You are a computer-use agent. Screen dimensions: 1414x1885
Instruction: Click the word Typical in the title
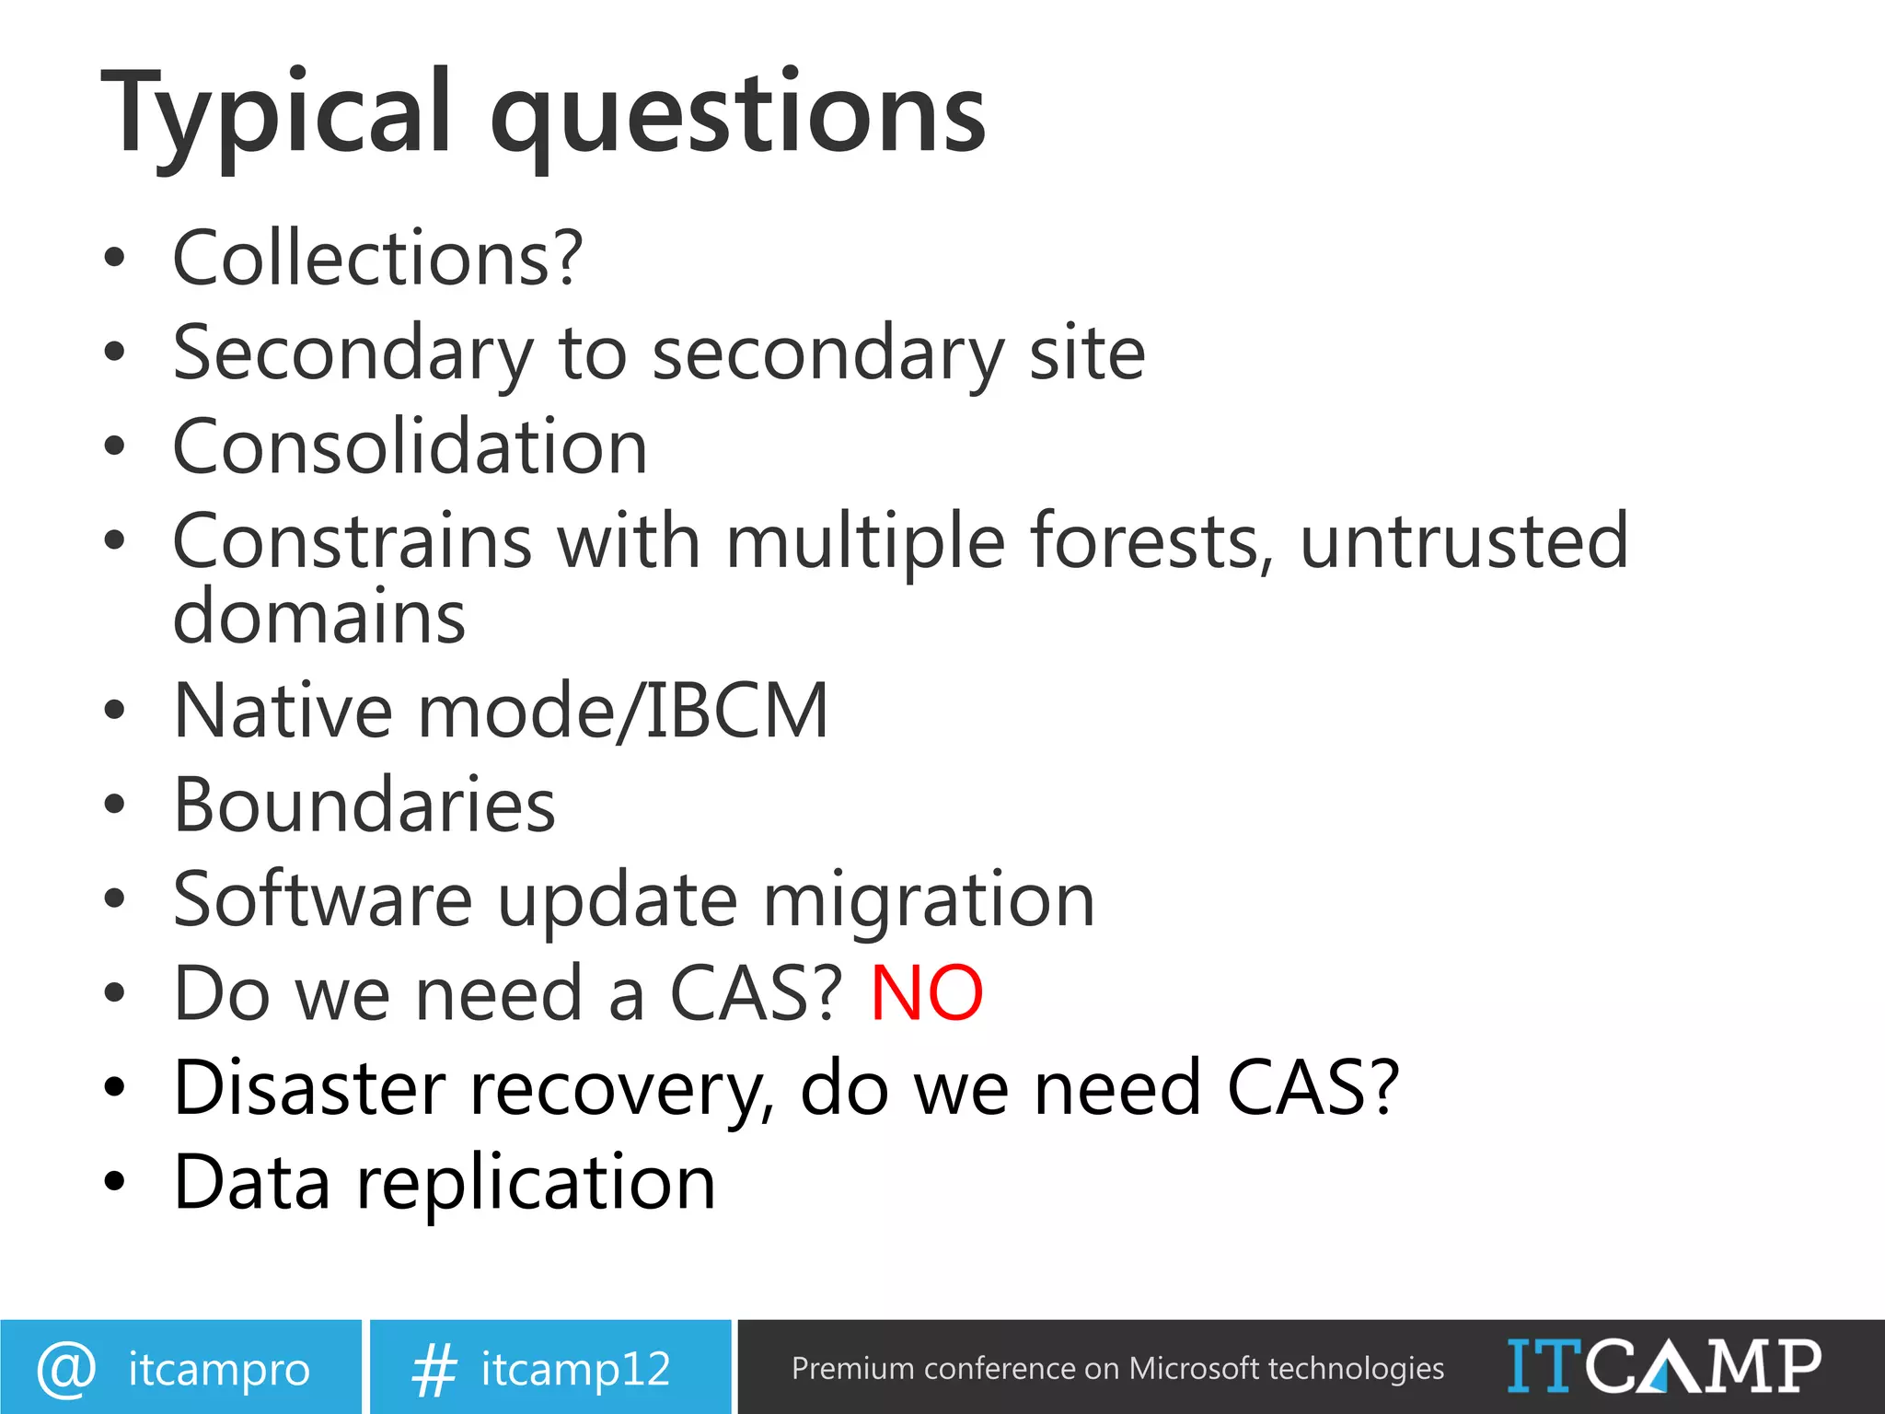pos(276,115)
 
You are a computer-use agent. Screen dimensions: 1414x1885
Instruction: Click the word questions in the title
pos(738,115)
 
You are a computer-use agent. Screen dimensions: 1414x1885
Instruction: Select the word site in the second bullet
pos(1086,353)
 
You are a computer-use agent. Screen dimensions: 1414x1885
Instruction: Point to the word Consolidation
pos(411,447)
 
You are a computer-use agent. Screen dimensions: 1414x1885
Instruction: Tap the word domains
pos(319,617)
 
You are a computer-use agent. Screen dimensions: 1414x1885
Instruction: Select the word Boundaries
pos(364,806)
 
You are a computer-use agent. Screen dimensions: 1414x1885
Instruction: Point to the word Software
pos(322,899)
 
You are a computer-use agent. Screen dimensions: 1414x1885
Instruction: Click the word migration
pos(929,901)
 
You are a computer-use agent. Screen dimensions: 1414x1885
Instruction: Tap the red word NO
pos(927,994)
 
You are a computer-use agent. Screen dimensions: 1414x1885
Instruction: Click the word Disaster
pos(309,1088)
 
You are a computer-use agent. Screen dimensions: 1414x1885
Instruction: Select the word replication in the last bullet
pos(536,1183)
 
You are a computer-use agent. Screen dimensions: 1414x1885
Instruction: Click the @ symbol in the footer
pos(66,1368)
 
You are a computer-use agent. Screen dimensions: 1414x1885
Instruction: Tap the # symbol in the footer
pos(434,1369)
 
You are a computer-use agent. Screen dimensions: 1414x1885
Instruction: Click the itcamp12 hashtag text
pos(575,1369)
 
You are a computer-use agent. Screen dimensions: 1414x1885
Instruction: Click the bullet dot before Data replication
pos(114,1182)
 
